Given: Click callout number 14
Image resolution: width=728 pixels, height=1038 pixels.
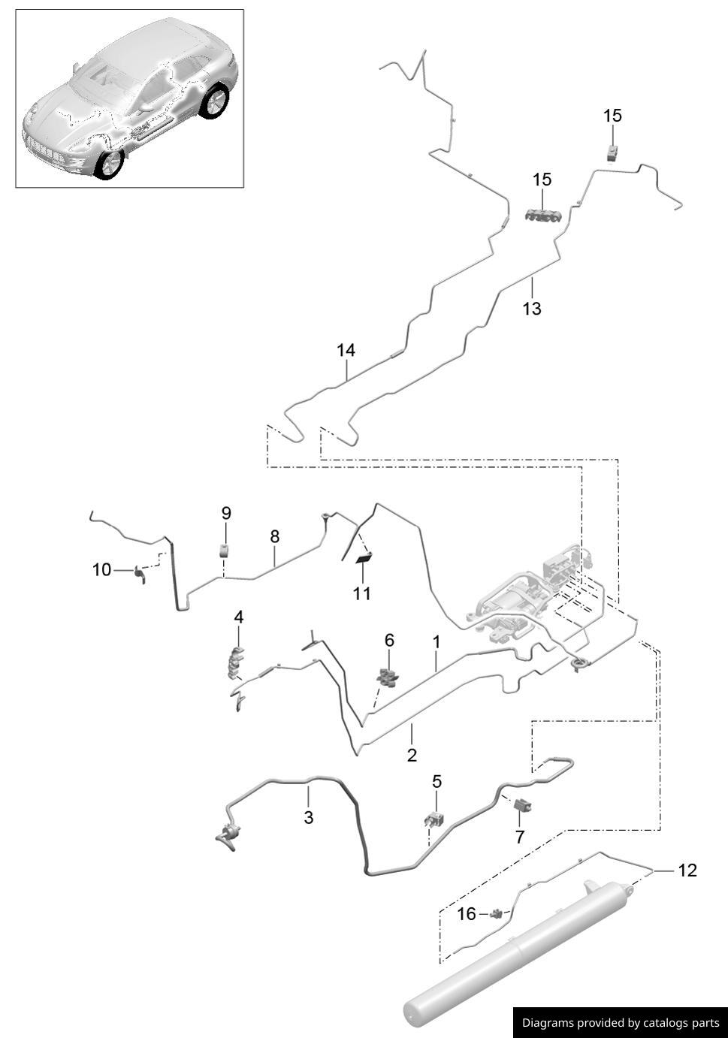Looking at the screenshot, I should click(346, 350).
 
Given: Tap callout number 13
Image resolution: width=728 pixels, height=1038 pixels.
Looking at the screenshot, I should click(531, 309).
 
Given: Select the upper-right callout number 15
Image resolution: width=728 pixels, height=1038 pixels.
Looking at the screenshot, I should click(612, 116).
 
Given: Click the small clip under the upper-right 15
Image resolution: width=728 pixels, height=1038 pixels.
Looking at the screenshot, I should click(614, 152).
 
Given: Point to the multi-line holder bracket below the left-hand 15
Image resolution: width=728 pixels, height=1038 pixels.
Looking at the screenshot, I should click(543, 216).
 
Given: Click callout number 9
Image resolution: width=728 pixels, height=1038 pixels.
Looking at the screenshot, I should click(225, 513).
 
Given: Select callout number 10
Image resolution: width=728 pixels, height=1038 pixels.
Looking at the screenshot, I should click(101, 570).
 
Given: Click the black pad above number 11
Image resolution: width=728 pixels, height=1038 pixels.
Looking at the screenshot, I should click(364, 557).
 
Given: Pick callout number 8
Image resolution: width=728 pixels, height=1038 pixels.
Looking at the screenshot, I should click(274, 536).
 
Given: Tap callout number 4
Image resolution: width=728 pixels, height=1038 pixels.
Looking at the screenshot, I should click(239, 617).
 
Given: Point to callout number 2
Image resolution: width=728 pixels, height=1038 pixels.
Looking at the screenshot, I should click(412, 755).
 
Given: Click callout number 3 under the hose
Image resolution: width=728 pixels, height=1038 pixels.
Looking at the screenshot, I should click(308, 817).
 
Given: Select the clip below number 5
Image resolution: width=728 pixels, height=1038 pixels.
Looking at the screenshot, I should click(434, 818).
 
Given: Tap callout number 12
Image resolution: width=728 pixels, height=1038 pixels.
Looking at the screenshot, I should click(687, 871).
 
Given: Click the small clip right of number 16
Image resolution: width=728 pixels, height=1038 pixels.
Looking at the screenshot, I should click(497, 914).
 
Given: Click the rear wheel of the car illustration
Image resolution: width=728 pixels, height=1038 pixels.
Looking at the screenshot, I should click(216, 101).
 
